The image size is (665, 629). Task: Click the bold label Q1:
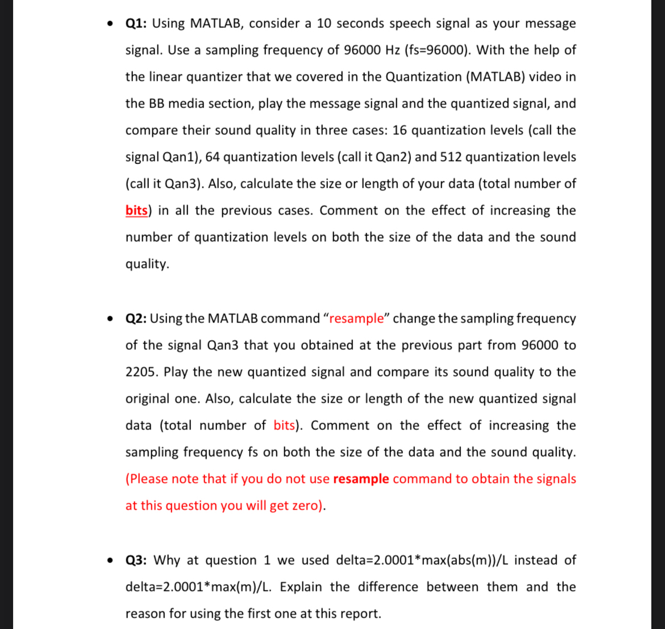coord(136,24)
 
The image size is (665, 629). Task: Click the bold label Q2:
coord(136,318)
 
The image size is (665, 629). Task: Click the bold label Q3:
coord(137,560)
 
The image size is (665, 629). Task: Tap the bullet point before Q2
coord(110,319)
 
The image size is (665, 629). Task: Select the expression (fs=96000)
coord(437,51)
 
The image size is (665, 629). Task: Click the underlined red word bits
coord(137,211)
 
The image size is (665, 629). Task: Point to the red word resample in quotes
coord(357,318)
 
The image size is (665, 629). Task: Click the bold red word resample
coord(361,479)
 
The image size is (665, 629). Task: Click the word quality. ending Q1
coord(147,264)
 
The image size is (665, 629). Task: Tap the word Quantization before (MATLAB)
coord(423,77)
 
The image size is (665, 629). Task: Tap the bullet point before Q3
coord(110,561)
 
